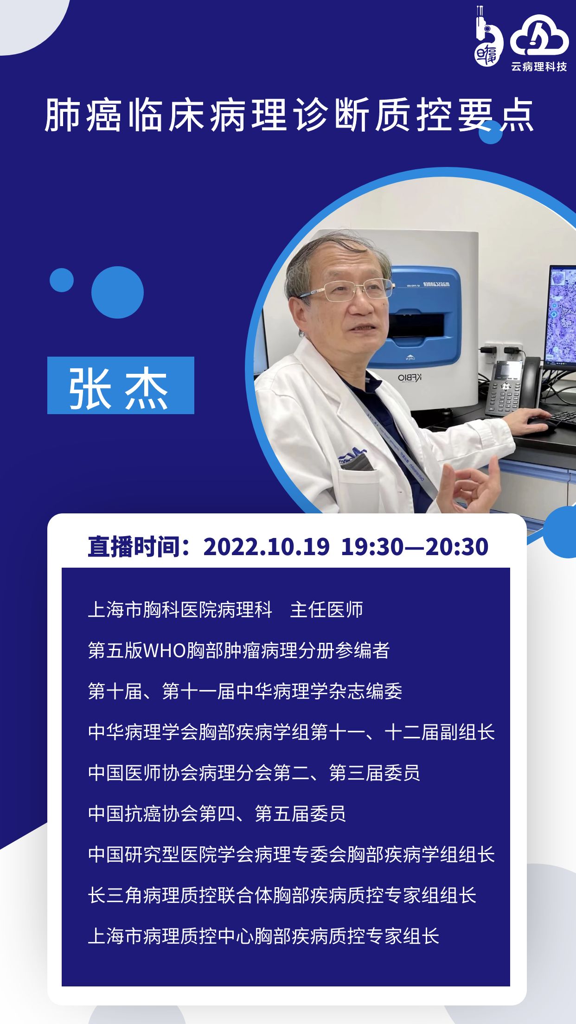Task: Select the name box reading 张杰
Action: tap(121, 385)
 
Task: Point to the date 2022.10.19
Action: tap(266, 546)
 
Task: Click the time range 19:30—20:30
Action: tap(415, 546)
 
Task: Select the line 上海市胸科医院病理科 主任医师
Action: tap(225, 609)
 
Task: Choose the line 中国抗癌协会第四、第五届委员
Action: tap(217, 813)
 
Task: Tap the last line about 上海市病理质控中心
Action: tap(263, 936)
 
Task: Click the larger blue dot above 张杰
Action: tap(117, 292)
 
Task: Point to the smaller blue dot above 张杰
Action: tap(62, 280)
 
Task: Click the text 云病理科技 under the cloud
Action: tap(539, 67)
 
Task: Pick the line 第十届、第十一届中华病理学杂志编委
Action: tap(245, 691)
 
